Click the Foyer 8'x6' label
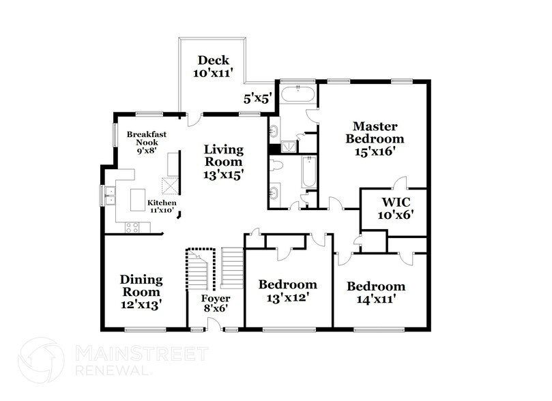pyautogui.click(x=215, y=304)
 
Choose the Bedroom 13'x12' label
pyautogui.click(x=288, y=291)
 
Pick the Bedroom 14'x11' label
pyautogui.click(x=376, y=292)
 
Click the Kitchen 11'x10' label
pyautogui.click(x=162, y=207)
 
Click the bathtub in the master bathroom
pyautogui.click(x=298, y=95)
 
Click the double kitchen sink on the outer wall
pyautogui.click(x=109, y=196)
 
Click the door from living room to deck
pyautogui.click(x=196, y=117)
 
